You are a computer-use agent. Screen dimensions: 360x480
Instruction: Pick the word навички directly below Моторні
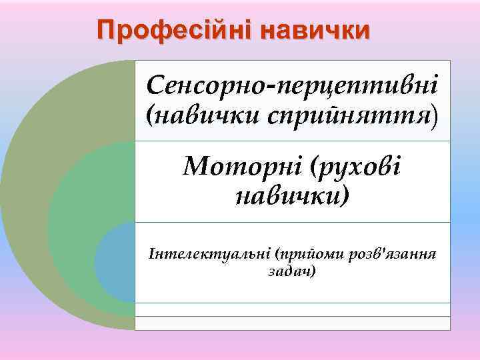292,196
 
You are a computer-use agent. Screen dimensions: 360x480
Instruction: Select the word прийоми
304,253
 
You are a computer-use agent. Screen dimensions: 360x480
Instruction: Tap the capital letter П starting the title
105,30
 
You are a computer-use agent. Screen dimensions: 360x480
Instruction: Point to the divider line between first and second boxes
292,141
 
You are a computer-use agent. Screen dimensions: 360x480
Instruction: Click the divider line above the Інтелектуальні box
292,221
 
